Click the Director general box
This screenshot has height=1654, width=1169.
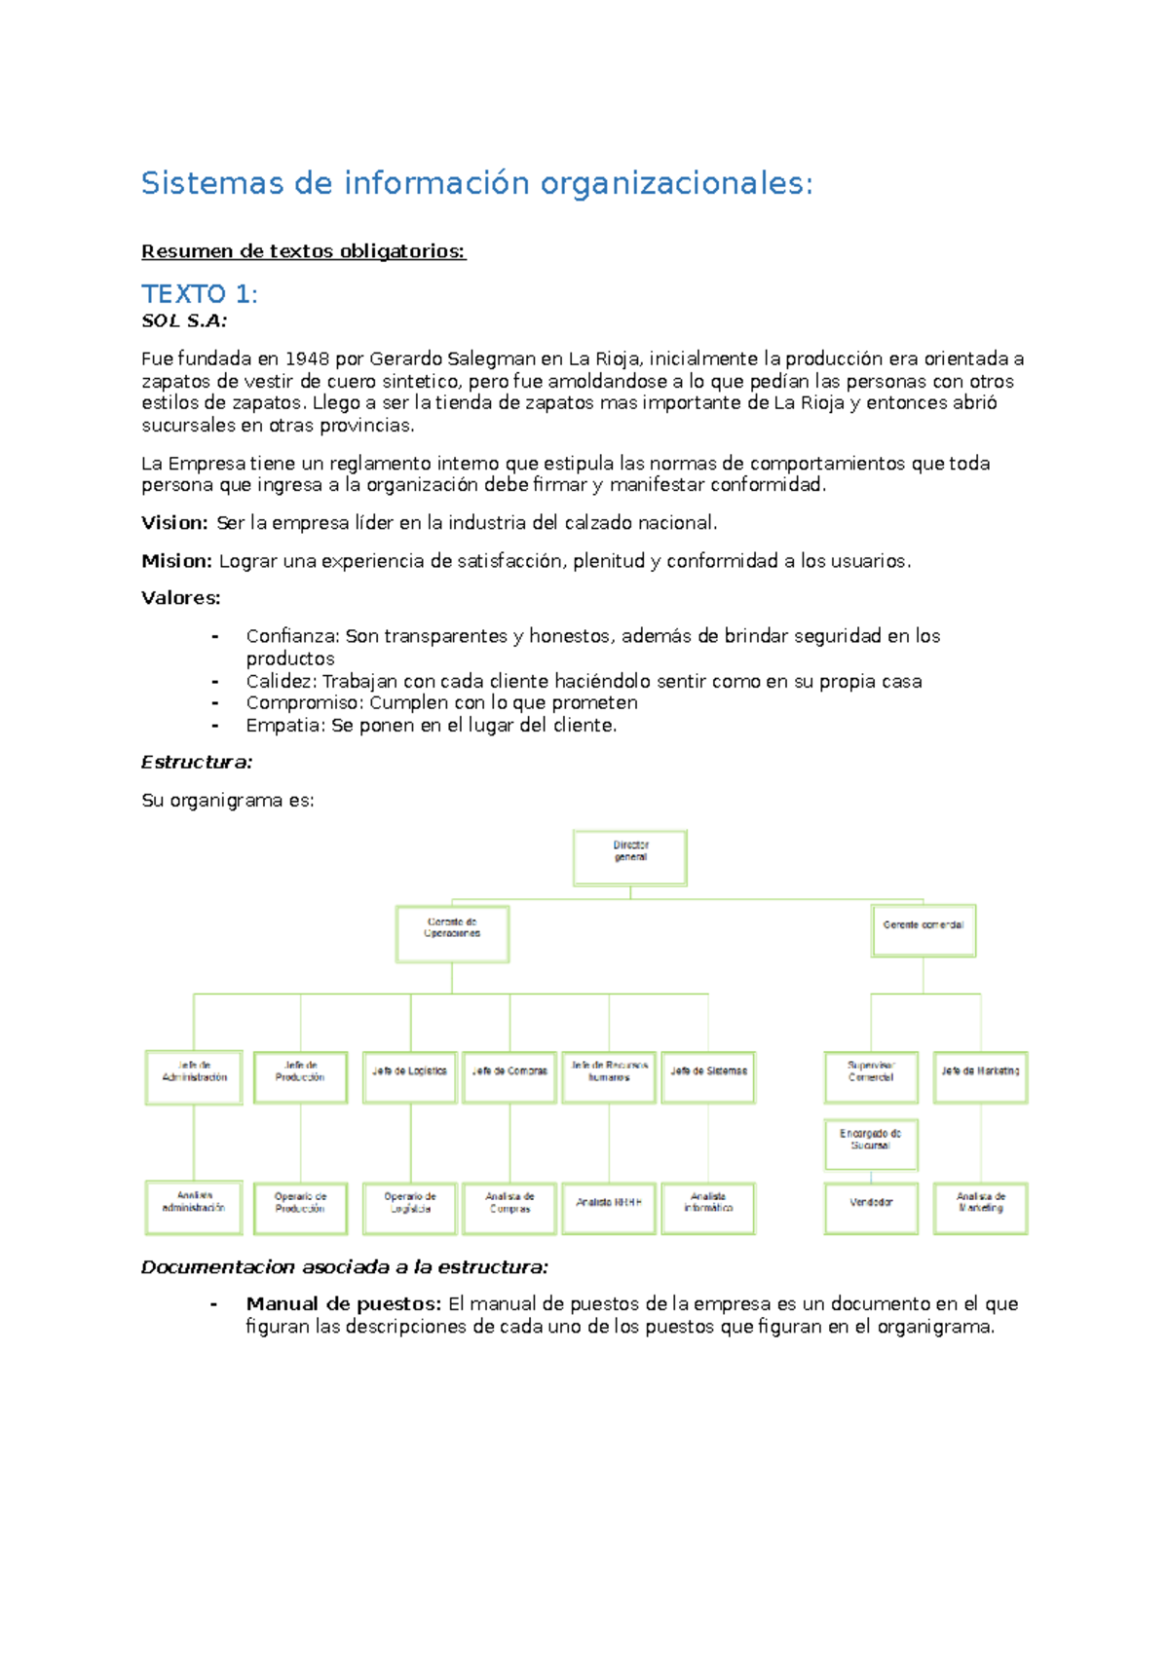(x=630, y=857)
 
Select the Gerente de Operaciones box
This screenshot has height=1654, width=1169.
(x=452, y=933)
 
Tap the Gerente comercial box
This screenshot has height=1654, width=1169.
(x=924, y=930)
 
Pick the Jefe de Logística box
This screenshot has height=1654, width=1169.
(x=409, y=1076)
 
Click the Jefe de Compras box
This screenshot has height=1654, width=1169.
(x=509, y=1076)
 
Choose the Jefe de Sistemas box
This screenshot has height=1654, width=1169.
(x=708, y=1076)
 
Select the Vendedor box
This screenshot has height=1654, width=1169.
(x=871, y=1208)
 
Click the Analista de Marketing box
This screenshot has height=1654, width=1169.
(x=980, y=1208)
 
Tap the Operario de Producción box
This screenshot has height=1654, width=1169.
(x=300, y=1208)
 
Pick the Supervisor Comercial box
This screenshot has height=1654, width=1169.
(x=871, y=1076)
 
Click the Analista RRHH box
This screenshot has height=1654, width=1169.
(x=609, y=1208)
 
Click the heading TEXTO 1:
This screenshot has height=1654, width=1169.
(x=200, y=293)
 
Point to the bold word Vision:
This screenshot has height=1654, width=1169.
(x=174, y=523)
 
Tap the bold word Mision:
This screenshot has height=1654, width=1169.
(x=176, y=561)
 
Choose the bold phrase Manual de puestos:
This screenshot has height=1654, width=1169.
(x=344, y=1304)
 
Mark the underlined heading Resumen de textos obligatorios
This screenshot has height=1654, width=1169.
(x=303, y=251)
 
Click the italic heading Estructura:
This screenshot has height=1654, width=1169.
(x=197, y=763)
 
